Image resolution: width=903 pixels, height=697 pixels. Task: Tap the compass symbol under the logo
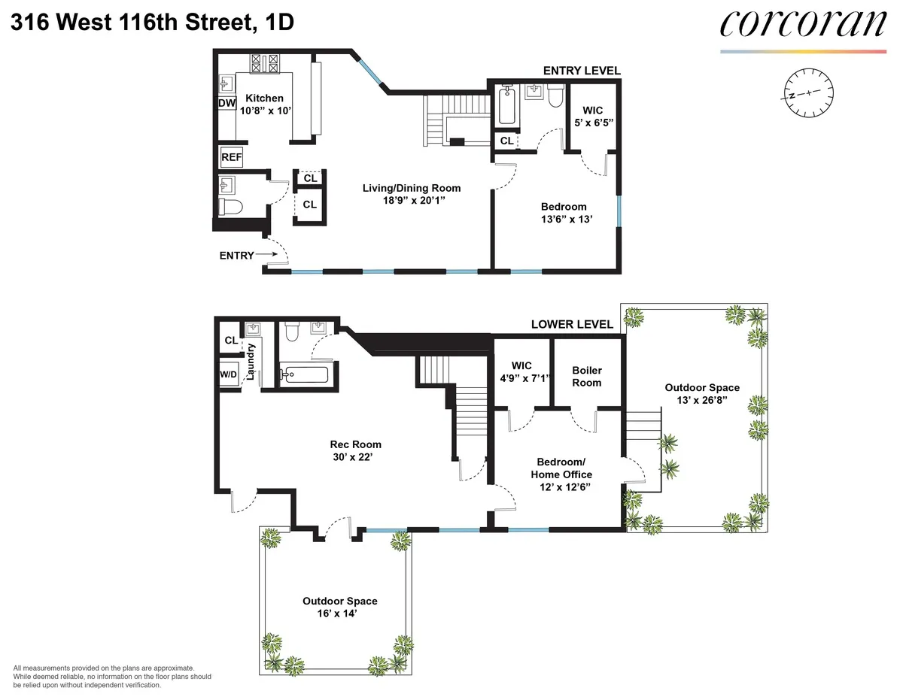[807, 94]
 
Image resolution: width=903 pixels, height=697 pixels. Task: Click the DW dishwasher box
[227, 103]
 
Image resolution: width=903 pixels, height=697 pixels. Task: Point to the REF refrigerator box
[231, 158]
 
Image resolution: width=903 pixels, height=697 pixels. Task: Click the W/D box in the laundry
[228, 374]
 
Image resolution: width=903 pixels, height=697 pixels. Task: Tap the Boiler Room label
[587, 376]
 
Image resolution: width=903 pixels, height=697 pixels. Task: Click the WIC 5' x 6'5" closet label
[593, 116]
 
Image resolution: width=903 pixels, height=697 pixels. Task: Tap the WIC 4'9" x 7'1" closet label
[522, 372]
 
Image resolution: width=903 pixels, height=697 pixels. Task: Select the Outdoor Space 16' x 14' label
[340, 607]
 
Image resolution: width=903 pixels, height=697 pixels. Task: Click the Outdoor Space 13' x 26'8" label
[702, 393]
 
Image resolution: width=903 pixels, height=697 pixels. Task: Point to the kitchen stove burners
[265, 64]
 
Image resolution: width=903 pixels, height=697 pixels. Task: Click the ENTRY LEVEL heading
[582, 71]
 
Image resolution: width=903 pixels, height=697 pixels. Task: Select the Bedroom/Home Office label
[561, 468]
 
